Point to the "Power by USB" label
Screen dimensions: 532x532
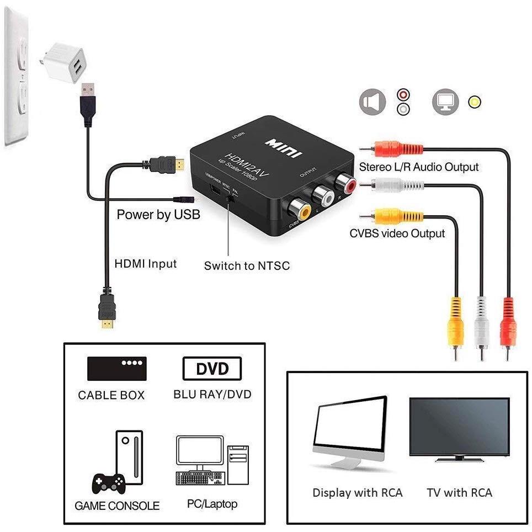[158, 214]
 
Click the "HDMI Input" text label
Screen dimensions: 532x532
[146, 263]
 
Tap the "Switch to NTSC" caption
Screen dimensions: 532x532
[247, 266]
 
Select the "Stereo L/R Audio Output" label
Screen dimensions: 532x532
[419, 167]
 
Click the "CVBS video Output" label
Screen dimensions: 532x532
[397, 233]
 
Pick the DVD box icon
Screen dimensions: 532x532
[212, 369]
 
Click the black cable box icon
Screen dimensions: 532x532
[117, 369]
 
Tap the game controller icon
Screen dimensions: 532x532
[107, 484]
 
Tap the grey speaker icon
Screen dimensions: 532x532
[373, 102]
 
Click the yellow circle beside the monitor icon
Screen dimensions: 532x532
[474, 102]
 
